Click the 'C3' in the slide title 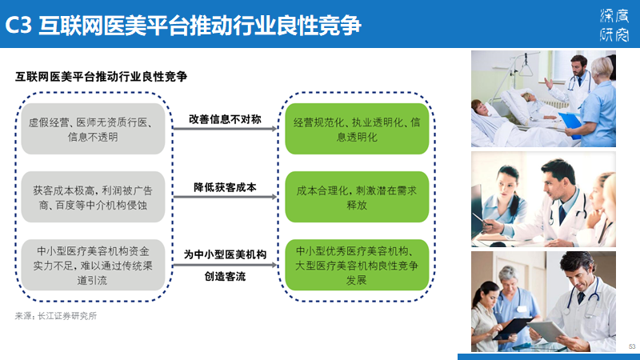[18, 26]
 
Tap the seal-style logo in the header [614, 26]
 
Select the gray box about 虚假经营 [93, 129]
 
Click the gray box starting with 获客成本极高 [93, 197]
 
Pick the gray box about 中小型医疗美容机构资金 [93, 265]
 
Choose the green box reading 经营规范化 [357, 129]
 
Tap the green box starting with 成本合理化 [357, 197]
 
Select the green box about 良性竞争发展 [357, 265]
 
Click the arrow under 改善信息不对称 [226, 129]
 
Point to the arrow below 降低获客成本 [226, 197]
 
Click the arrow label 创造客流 [225, 276]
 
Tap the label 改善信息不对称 [225, 119]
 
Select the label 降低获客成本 [225, 187]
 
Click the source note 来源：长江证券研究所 [56, 316]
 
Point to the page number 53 [632, 346]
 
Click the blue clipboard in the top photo [570, 125]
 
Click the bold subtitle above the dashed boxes [102, 77]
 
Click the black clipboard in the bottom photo [513, 328]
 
